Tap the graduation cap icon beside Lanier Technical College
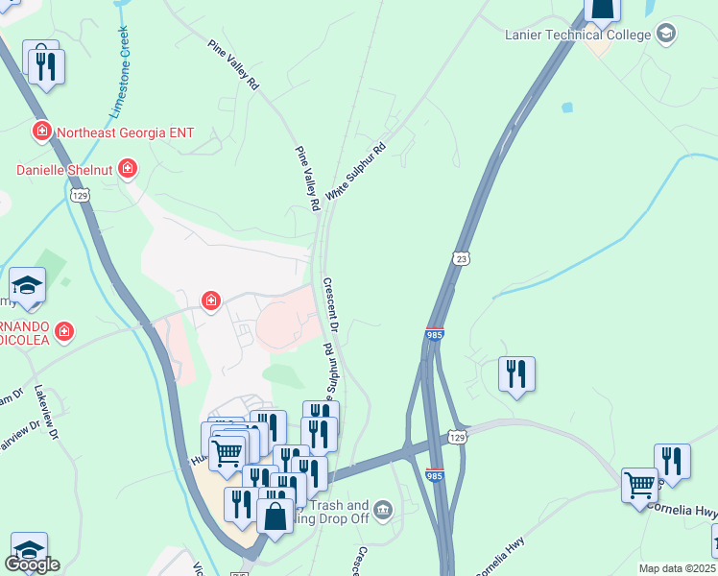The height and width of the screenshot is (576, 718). (665, 35)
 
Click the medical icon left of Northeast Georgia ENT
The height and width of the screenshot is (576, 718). (41, 131)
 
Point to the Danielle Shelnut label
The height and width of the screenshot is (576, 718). (65, 170)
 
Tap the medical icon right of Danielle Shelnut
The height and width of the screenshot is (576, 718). (127, 170)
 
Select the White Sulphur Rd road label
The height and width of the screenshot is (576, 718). (355, 172)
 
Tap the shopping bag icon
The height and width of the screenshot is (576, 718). (275, 516)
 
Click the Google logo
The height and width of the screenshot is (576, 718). (31, 564)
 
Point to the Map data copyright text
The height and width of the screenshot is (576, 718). (678, 568)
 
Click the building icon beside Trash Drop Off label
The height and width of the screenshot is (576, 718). (383, 508)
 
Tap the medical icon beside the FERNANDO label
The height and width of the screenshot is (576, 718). (64, 332)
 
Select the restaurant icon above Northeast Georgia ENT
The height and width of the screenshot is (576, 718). (45, 65)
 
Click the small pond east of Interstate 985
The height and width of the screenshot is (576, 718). (566, 108)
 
